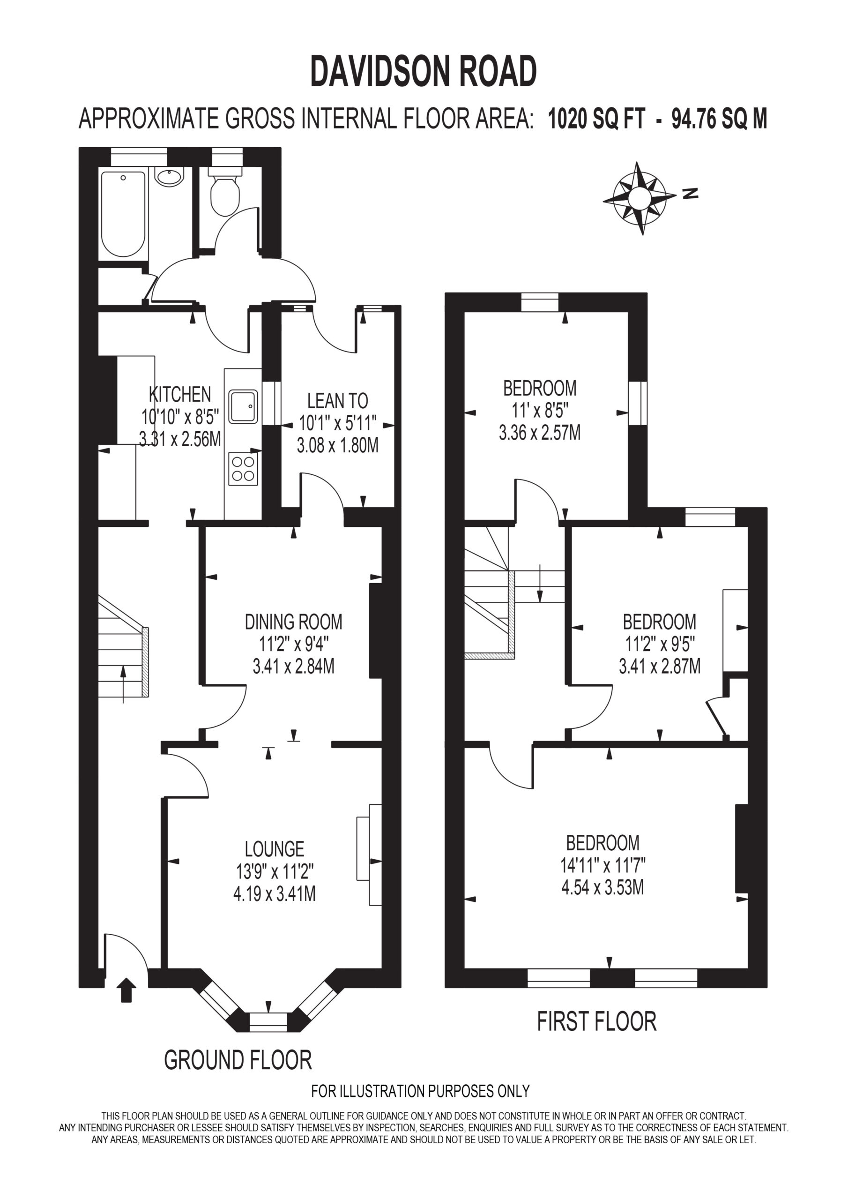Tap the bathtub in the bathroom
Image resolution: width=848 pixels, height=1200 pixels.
tap(123, 214)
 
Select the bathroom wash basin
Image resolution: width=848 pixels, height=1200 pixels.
tap(169, 177)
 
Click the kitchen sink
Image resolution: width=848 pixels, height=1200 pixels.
tap(243, 406)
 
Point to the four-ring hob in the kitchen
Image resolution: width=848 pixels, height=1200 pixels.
tap(243, 469)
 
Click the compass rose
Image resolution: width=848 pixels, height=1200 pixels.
tap(640, 198)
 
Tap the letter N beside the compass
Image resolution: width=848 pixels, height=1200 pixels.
tap(690, 194)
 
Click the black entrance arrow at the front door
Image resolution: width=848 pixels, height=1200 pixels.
tap(126, 990)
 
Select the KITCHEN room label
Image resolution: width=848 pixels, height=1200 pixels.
tap(180, 394)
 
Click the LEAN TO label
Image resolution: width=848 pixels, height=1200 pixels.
tap(337, 401)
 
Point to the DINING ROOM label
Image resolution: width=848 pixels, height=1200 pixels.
tap(294, 622)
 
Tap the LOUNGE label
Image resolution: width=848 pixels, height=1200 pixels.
tap(275, 849)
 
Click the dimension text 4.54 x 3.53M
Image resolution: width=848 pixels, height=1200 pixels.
tap(603, 887)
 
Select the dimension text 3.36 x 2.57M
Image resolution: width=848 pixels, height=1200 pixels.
tap(540, 433)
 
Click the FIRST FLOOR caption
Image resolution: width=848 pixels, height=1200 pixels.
tap(597, 1022)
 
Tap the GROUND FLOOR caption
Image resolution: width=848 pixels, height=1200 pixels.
tap(238, 1060)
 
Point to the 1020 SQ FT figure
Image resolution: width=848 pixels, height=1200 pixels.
tap(597, 119)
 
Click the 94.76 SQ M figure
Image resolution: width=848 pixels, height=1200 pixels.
tap(720, 119)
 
